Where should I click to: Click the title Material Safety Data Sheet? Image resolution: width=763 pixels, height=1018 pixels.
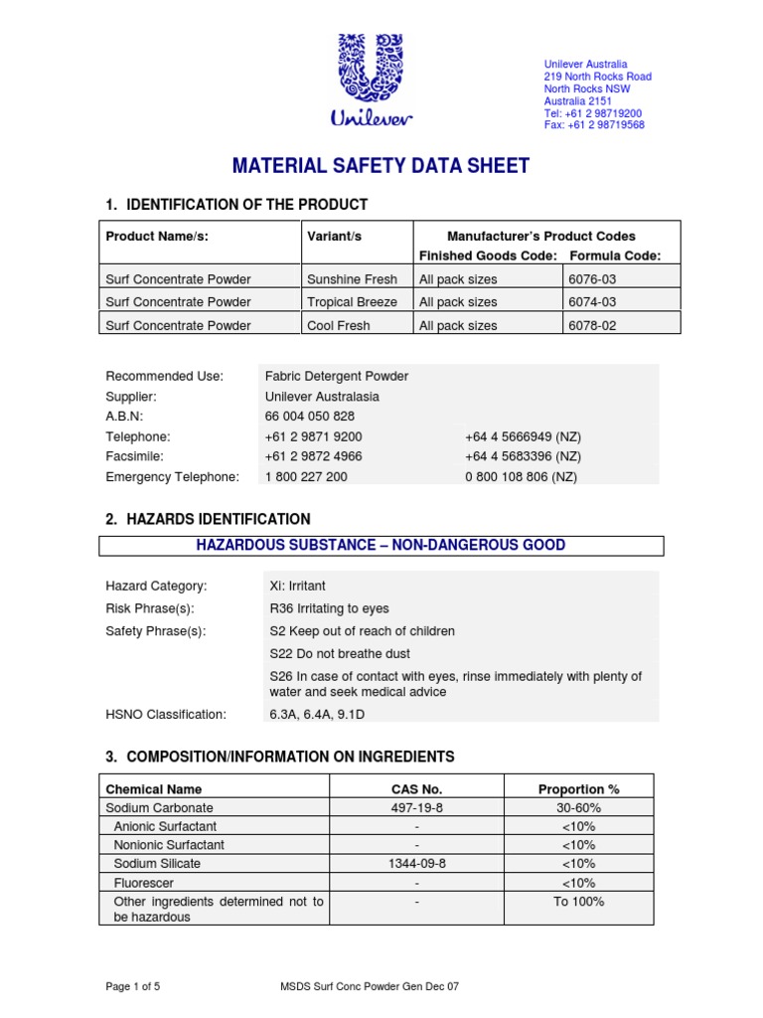pos(381,166)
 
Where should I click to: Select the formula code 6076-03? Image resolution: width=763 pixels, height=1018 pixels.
pos(593,279)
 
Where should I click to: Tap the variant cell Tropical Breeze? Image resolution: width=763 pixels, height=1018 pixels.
pos(352,302)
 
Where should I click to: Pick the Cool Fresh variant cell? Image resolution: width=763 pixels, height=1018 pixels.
pos(338,325)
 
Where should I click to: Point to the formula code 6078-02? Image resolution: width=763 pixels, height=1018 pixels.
pos(593,325)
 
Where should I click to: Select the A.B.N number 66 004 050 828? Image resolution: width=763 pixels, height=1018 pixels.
pos(309,417)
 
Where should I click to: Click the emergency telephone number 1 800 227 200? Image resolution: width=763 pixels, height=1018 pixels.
pos(306,477)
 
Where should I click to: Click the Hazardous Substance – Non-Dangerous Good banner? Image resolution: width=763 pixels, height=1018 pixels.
pos(381,545)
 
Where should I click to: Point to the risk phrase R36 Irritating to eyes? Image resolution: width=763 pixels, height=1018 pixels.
pos(329,608)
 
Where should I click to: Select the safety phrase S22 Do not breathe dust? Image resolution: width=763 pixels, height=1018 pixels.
pos(340,654)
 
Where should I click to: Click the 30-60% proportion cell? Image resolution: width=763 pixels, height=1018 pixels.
pos(578,808)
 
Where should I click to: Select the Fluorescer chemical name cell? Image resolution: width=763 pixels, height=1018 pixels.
pos(146,883)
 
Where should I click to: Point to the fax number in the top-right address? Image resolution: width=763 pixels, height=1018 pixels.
pos(594,125)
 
